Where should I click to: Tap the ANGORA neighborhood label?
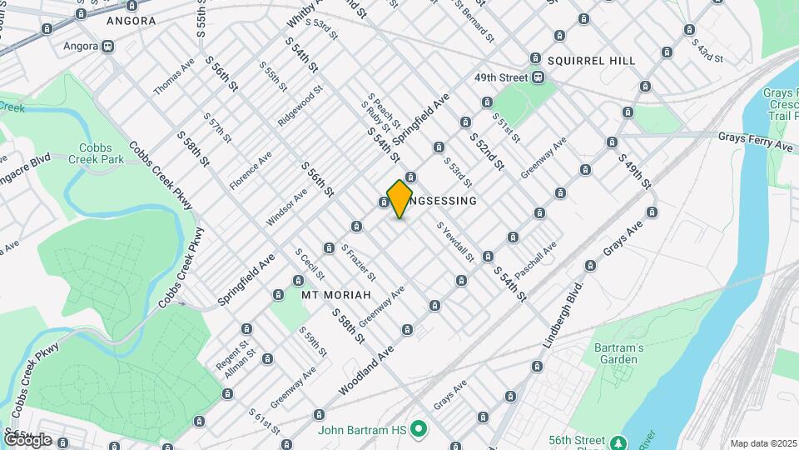click(132, 21)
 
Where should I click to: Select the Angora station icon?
click(108, 47)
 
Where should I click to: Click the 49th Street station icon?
click(539, 78)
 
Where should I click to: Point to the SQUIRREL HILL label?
click(591, 61)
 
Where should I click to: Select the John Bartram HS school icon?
click(419, 430)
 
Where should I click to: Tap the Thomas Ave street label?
click(174, 76)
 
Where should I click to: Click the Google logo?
click(27, 439)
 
